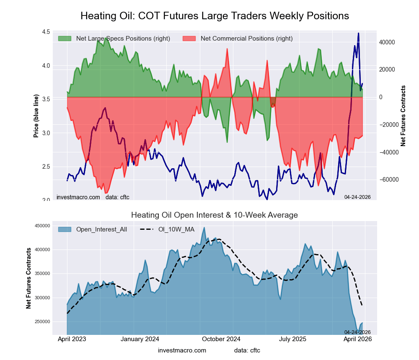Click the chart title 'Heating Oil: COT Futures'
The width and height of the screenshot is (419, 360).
pyautogui.click(x=215, y=16)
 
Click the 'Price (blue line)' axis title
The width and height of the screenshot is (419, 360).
pyautogui.click(x=36, y=116)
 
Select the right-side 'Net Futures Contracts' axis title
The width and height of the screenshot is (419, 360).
pyautogui.click(x=403, y=116)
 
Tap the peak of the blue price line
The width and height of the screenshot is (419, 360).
pyautogui.click(x=358, y=33)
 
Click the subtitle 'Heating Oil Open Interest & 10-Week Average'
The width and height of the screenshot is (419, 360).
pyautogui.click(x=215, y=215)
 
